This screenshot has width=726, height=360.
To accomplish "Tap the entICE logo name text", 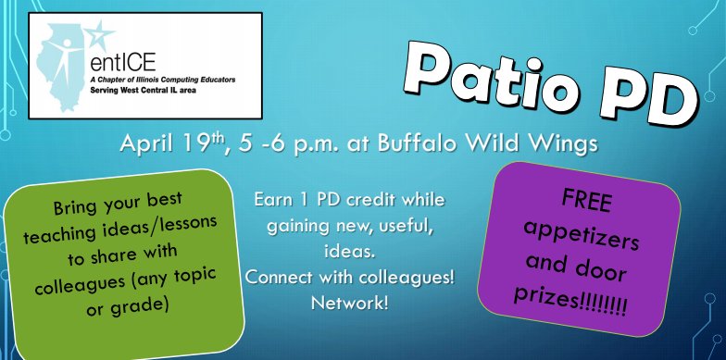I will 119,65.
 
